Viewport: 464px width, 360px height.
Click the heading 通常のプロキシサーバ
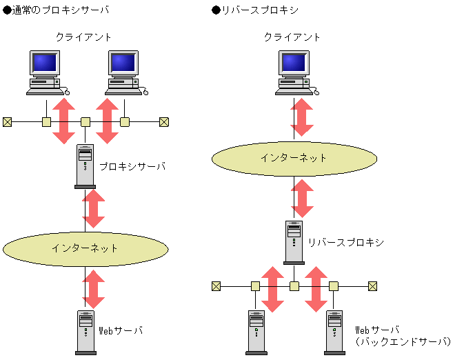tap(56, 10)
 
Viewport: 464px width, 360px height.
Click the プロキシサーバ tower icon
tap(85, 166)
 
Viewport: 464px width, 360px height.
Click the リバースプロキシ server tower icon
tap(294, 241)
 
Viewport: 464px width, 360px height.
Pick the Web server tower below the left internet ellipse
tap(85, 332)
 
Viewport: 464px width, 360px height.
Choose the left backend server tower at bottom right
tap(256, 332)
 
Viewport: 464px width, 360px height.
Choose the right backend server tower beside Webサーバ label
tap(334, 332)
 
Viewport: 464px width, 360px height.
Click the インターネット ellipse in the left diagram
tap(85, 248)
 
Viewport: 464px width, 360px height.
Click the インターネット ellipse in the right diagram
tap(294, 158)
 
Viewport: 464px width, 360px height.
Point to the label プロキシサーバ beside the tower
tap(132, 166)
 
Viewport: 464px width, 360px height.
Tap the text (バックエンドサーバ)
tap(403, 341)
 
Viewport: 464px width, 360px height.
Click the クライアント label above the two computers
tap(83, 37)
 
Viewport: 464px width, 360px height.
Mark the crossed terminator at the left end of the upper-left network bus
tap(7, 122)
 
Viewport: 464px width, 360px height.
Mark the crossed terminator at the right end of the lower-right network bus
tap(372, 286)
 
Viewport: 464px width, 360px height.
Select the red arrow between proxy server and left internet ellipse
tap(94, 208)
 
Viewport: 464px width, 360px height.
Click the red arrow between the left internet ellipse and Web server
tap(94, 289)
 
